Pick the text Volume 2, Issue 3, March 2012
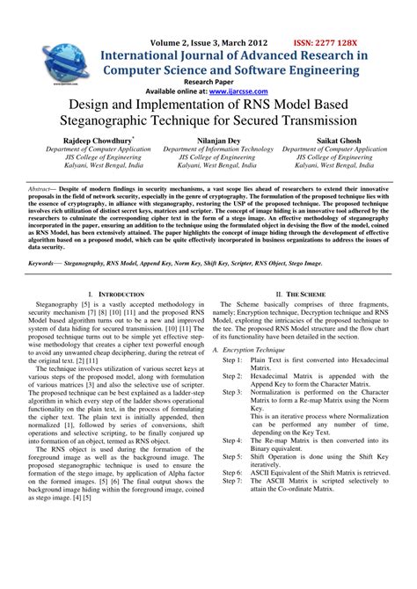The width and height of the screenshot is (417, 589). pos(208,43)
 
